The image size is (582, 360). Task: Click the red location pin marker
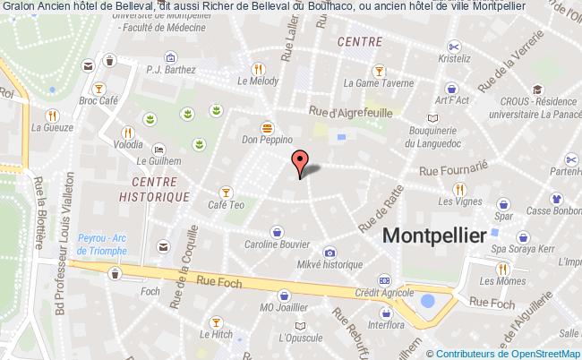301,162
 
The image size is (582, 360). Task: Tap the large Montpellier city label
434,236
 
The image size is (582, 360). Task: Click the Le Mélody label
256,81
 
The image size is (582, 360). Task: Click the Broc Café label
98,101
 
